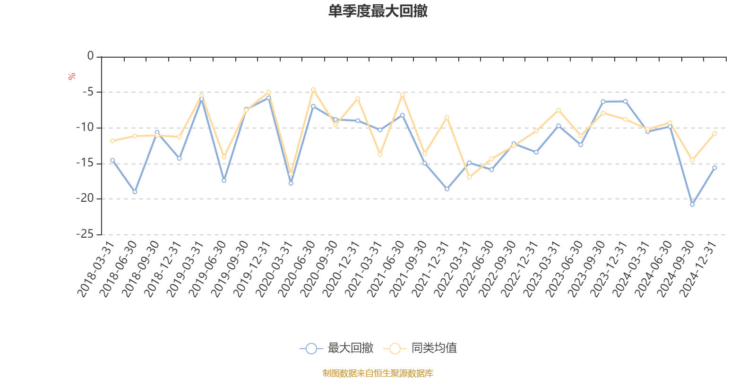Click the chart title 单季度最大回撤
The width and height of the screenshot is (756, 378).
coord(378,11)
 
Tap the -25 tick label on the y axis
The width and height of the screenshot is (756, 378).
coord(85,234)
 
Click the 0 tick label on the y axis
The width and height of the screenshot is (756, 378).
coord(91,56)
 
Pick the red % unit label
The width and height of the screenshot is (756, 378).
coord(72,76)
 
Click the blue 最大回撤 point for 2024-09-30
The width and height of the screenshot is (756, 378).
coord(692,205)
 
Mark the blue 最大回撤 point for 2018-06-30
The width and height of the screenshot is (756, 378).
coord(135,192)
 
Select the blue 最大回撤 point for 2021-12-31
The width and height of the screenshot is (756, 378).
coord(447,189)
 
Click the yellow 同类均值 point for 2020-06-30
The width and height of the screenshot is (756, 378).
coord(313,89)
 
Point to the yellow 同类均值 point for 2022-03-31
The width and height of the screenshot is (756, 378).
coord(469,177)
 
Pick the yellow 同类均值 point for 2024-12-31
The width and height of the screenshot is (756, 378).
coord(714,133)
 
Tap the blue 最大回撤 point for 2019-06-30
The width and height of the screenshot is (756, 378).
coord(224,180)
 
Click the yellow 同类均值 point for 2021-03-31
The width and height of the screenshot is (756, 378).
coord(380,155)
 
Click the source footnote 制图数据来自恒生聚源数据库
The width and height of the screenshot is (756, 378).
coord(378,373)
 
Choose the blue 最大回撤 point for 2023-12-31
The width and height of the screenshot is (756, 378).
coord(625,101)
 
